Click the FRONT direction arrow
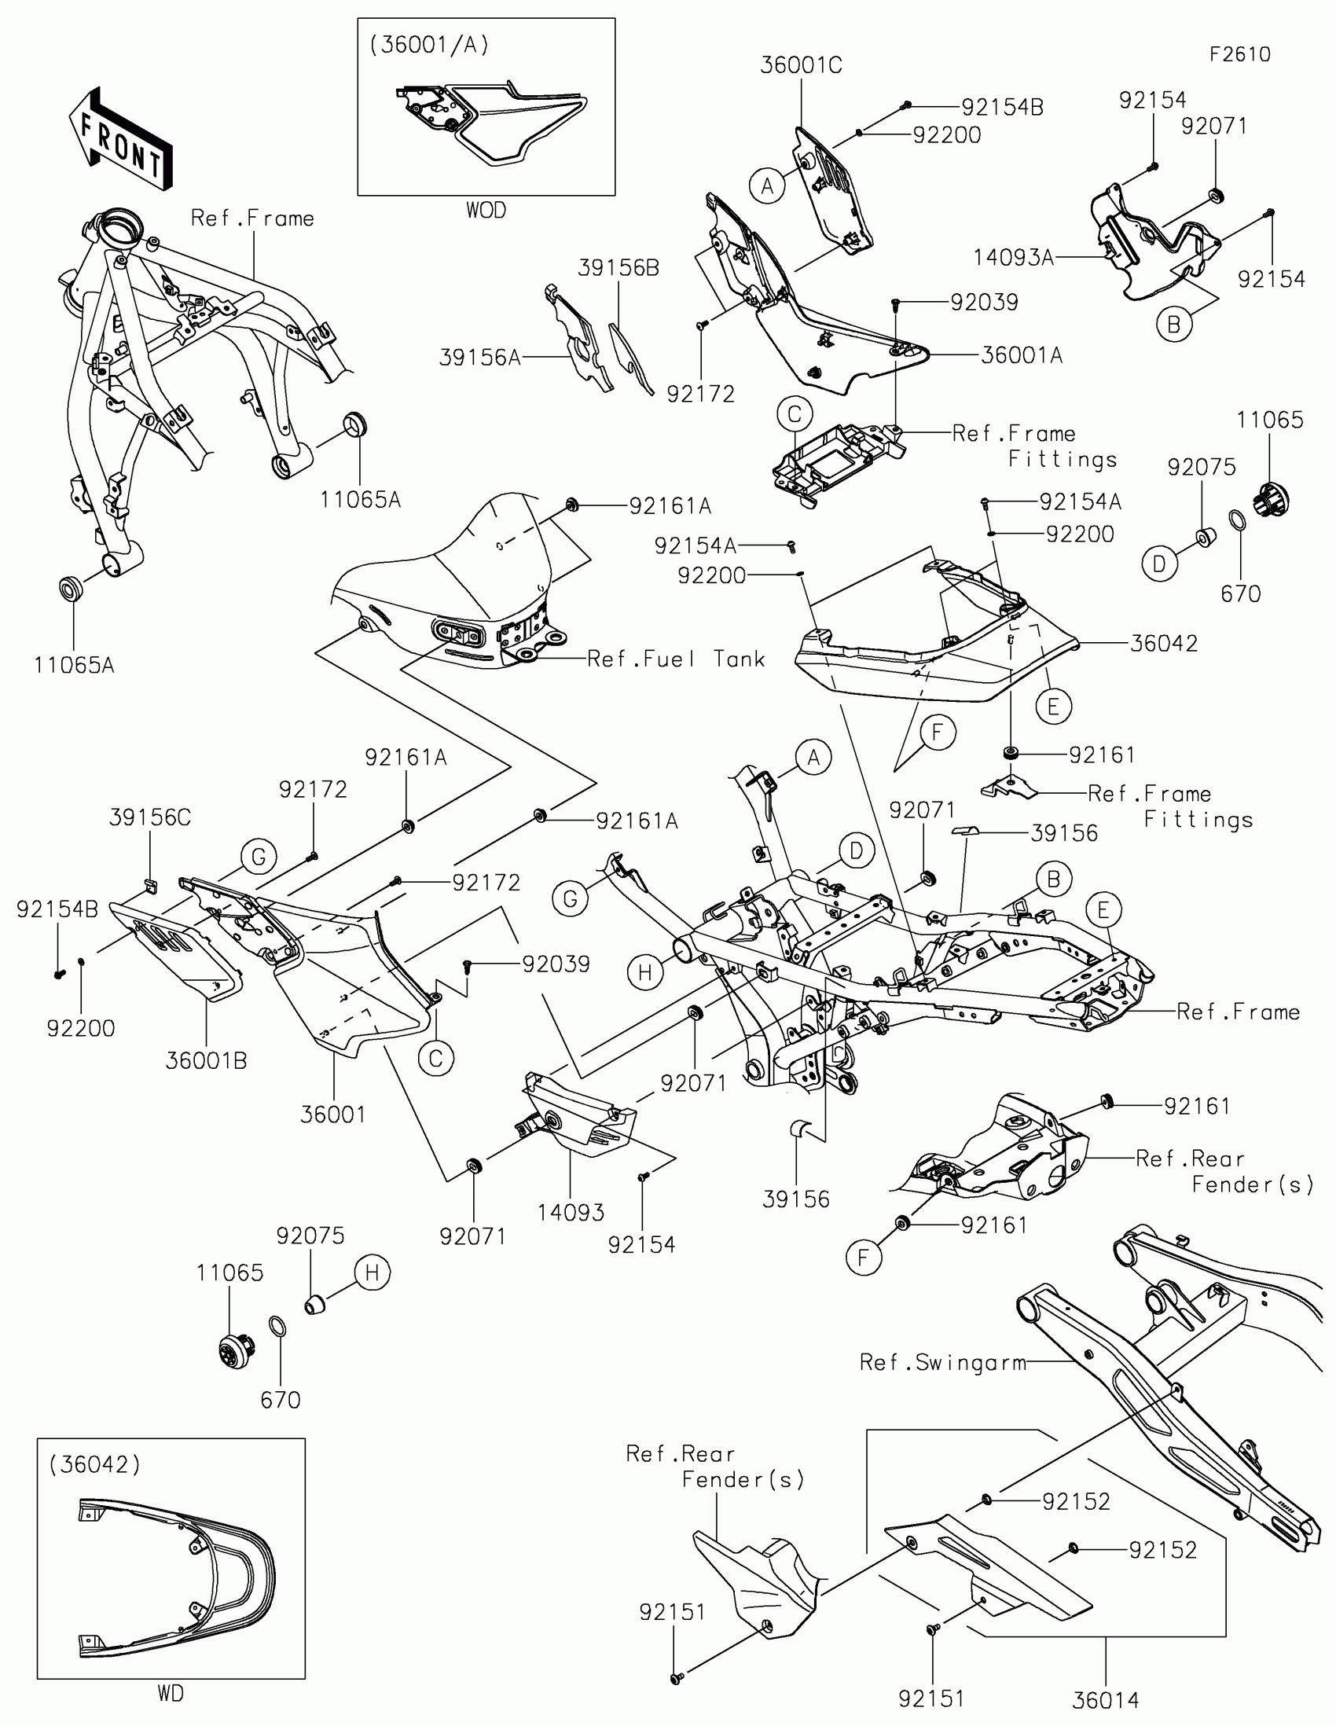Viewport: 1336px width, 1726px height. coord(121,140)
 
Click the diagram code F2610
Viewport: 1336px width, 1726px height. coord(1239,54)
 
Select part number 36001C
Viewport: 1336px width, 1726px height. coord(800,65)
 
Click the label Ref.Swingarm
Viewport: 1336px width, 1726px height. coord(942,1362)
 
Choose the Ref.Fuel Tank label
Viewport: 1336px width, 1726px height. coord(676,659)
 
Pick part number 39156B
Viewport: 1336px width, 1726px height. coord(618,268)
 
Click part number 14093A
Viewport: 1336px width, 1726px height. coord(1013,258)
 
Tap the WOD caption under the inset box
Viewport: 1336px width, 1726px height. coord(486,210)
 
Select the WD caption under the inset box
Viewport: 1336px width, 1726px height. coord(171,1693)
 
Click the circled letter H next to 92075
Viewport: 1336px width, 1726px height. coord(373,1272)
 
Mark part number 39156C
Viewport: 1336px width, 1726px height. coord(149,817)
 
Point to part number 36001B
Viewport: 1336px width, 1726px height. coord(206,1060)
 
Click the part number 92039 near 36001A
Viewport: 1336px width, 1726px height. coord(984,302)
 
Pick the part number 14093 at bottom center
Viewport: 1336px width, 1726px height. coord(571,1212)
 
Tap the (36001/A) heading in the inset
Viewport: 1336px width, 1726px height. coord(429,45)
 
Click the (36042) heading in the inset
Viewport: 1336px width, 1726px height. coord(94,1464)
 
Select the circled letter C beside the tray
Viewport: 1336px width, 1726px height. coord(795,414)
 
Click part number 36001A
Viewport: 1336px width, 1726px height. coord(1022,355)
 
